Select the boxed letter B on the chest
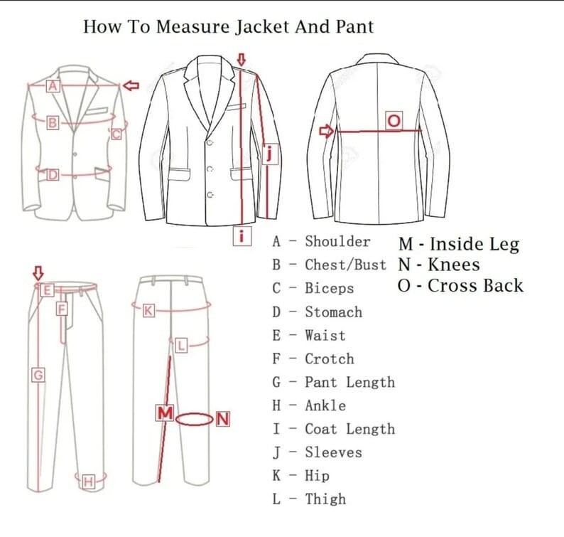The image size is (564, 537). pos(52,123)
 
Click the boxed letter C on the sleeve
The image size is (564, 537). pos(116,133)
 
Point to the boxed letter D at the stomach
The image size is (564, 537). pos(52,174)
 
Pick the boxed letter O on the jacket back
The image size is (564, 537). pos(394,121)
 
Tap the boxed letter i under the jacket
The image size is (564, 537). pos(242,236)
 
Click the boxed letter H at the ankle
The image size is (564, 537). pos(88,482)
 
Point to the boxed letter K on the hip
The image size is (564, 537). pos(148,311)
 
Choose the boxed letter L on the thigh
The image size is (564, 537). pos(181,346)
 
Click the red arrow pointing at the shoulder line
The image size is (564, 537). pos(131,85)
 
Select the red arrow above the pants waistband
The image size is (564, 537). pos(38,272)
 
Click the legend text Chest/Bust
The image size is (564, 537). pos(345,265)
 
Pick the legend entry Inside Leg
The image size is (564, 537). pos(474,245)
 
